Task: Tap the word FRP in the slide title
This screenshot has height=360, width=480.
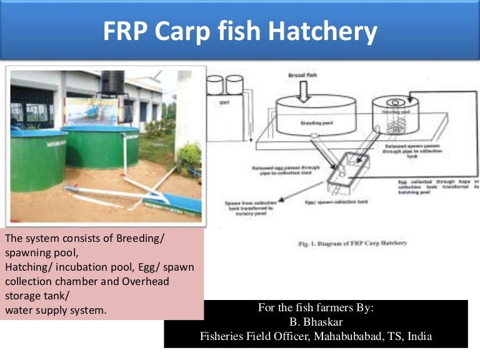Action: (x=127, y=31)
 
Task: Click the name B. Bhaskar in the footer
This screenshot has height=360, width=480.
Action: (x=316, y=322)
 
